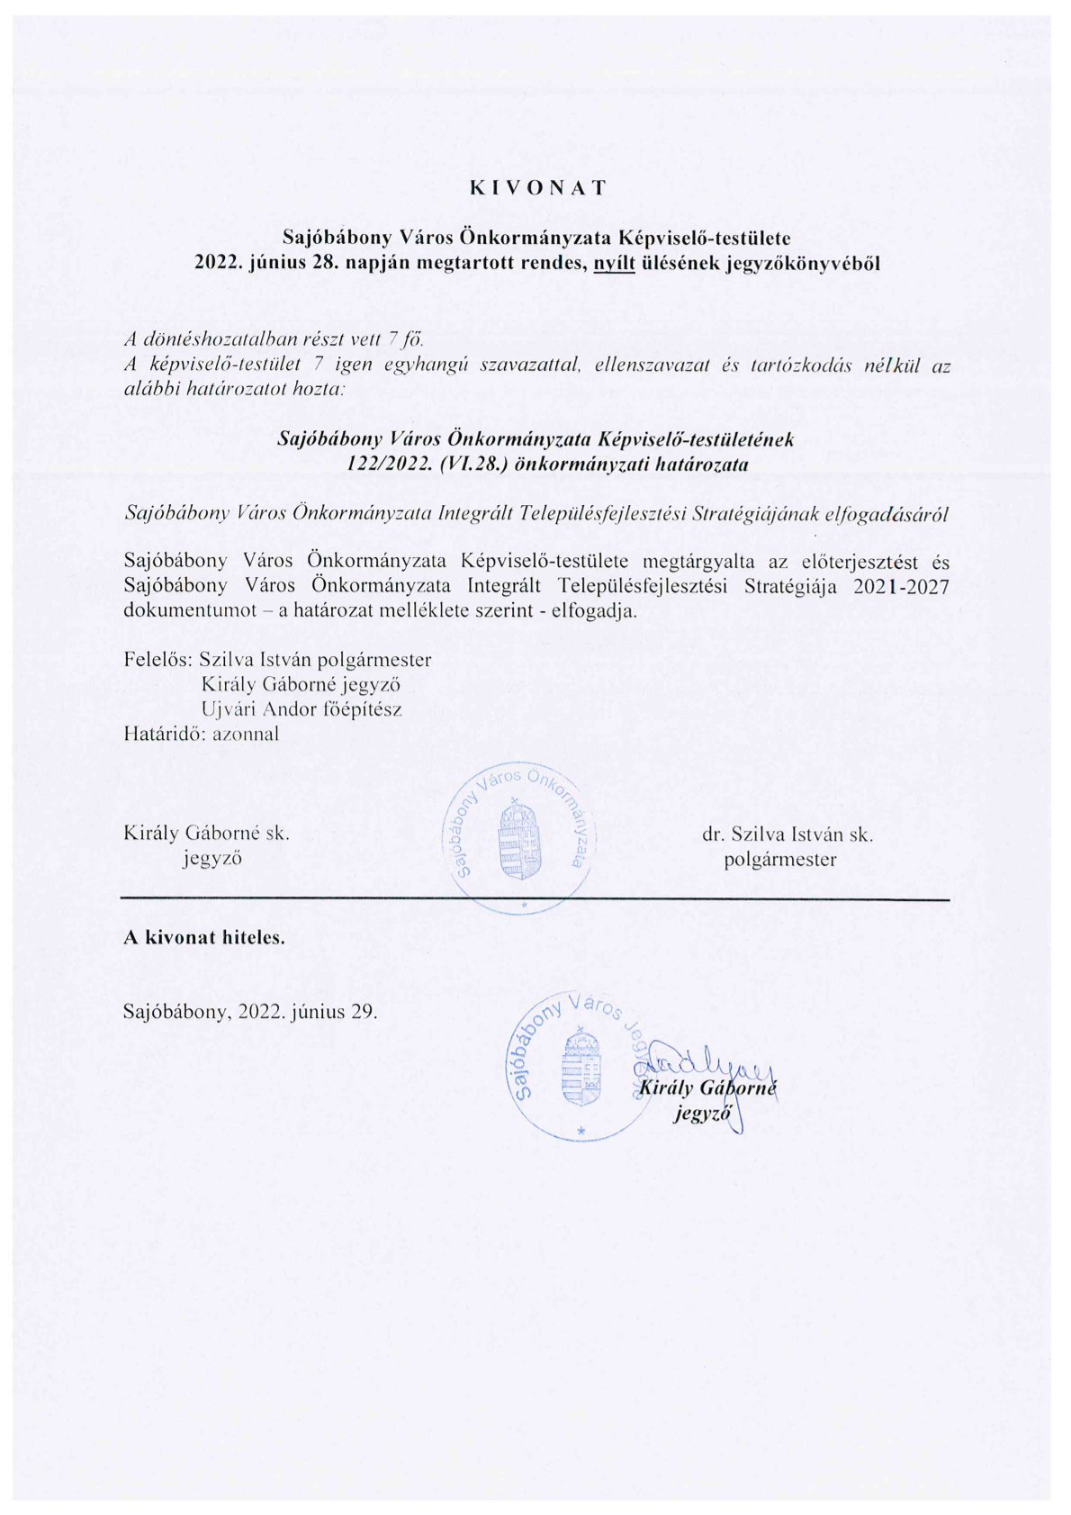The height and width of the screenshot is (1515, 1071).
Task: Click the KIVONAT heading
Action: (537, 188)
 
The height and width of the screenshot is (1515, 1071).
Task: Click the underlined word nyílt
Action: (613, 264)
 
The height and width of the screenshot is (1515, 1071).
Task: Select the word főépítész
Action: (362, 708)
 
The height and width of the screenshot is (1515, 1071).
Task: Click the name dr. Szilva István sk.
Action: (787, 834)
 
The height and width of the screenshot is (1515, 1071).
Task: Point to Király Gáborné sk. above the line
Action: (206, 834)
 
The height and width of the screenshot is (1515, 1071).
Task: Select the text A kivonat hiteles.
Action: (204, 937)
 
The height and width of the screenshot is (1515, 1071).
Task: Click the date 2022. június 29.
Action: (308, 1011)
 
